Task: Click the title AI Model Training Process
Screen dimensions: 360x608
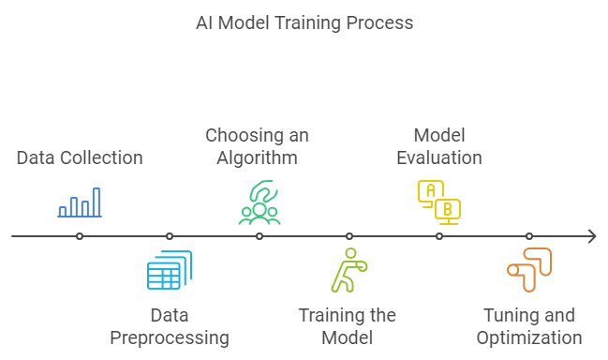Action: coord(304,22)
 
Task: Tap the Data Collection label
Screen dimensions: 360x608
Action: coord(80,157)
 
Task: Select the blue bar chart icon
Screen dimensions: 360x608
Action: coord(80,202)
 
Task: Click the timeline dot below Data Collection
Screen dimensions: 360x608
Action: coord(80,236)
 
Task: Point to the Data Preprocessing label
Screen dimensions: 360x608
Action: coord(170,326)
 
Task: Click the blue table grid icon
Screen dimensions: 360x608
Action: coord(170,270)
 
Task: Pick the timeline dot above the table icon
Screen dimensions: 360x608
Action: coord(170,236)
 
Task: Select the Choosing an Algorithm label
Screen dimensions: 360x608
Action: coord(258,146)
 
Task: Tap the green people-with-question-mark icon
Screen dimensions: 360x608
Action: coord(260,202)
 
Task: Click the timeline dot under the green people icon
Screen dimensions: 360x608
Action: coord(260,236)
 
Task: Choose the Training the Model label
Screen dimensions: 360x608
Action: coord(348,326)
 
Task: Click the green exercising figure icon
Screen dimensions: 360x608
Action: coord(348,271)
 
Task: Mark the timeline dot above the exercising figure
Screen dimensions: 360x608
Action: coord(349,236)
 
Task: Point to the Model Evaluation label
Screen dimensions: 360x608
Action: coord(439,146)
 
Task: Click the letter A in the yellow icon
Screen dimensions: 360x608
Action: coord(430,189)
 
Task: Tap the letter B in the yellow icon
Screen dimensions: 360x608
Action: coord(448,208)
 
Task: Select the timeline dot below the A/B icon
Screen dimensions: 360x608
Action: coord(439,236)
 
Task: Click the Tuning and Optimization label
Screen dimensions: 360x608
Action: coord(529,326)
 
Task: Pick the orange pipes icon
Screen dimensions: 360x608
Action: coord(529,270)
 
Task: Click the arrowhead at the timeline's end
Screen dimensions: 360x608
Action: coord(591,236)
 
